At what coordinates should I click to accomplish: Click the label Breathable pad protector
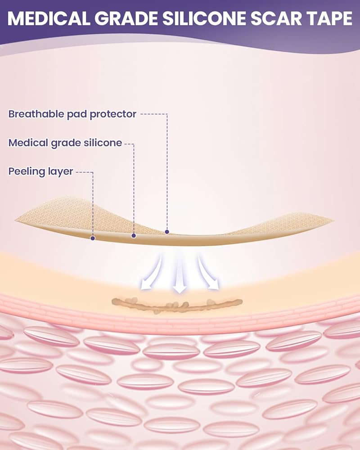pos(72,114)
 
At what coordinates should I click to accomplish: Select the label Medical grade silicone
pos(65,143)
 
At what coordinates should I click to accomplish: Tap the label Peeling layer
pos(40,171)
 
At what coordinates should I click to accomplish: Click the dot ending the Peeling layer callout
pos(93,238)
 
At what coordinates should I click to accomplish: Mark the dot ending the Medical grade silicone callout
pos(134,235)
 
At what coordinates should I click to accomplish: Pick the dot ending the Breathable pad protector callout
pos(167,232)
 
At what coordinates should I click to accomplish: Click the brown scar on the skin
pos(177,305)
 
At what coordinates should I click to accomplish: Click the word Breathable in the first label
pos(34,114)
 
